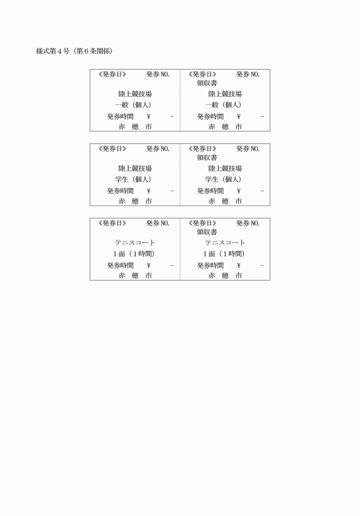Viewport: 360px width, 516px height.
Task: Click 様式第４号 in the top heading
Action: pos(53,51)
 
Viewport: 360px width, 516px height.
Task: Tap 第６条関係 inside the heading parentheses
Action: pos(93,51)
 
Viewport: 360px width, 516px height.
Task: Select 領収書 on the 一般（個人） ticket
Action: pos(207,83)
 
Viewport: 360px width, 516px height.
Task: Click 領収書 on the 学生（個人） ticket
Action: pos(207,158)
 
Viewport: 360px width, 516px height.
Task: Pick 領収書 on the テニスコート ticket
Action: pos(207,232)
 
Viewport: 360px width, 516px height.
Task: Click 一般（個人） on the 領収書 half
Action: pos(223,105)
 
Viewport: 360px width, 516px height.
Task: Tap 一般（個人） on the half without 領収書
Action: pos(133,105)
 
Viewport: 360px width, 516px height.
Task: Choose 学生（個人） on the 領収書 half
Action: pos(223,179)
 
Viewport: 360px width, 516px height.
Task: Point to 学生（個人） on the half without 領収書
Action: pos(133,179)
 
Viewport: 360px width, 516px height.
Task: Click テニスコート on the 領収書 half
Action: pos(225,243)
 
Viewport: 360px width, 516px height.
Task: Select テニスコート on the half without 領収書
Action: pos(135,243)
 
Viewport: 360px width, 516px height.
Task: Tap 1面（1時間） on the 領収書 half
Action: pos(224,254)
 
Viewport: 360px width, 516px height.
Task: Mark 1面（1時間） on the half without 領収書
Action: pos(134,254)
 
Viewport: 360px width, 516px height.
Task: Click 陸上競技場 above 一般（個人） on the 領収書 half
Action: pos(225,94)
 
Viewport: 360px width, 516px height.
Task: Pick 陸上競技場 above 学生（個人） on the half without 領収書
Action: pos(135,169)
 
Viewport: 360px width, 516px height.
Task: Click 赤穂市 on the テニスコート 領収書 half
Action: pos(225,275)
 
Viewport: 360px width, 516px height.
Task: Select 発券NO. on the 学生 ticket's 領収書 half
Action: pos(248,149)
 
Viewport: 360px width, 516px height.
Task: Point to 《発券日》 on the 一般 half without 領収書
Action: pos(112,74)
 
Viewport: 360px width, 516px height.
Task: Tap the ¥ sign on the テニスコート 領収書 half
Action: pos(239,265)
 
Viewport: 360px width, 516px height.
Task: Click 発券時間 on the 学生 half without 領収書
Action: pos(120,191)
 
